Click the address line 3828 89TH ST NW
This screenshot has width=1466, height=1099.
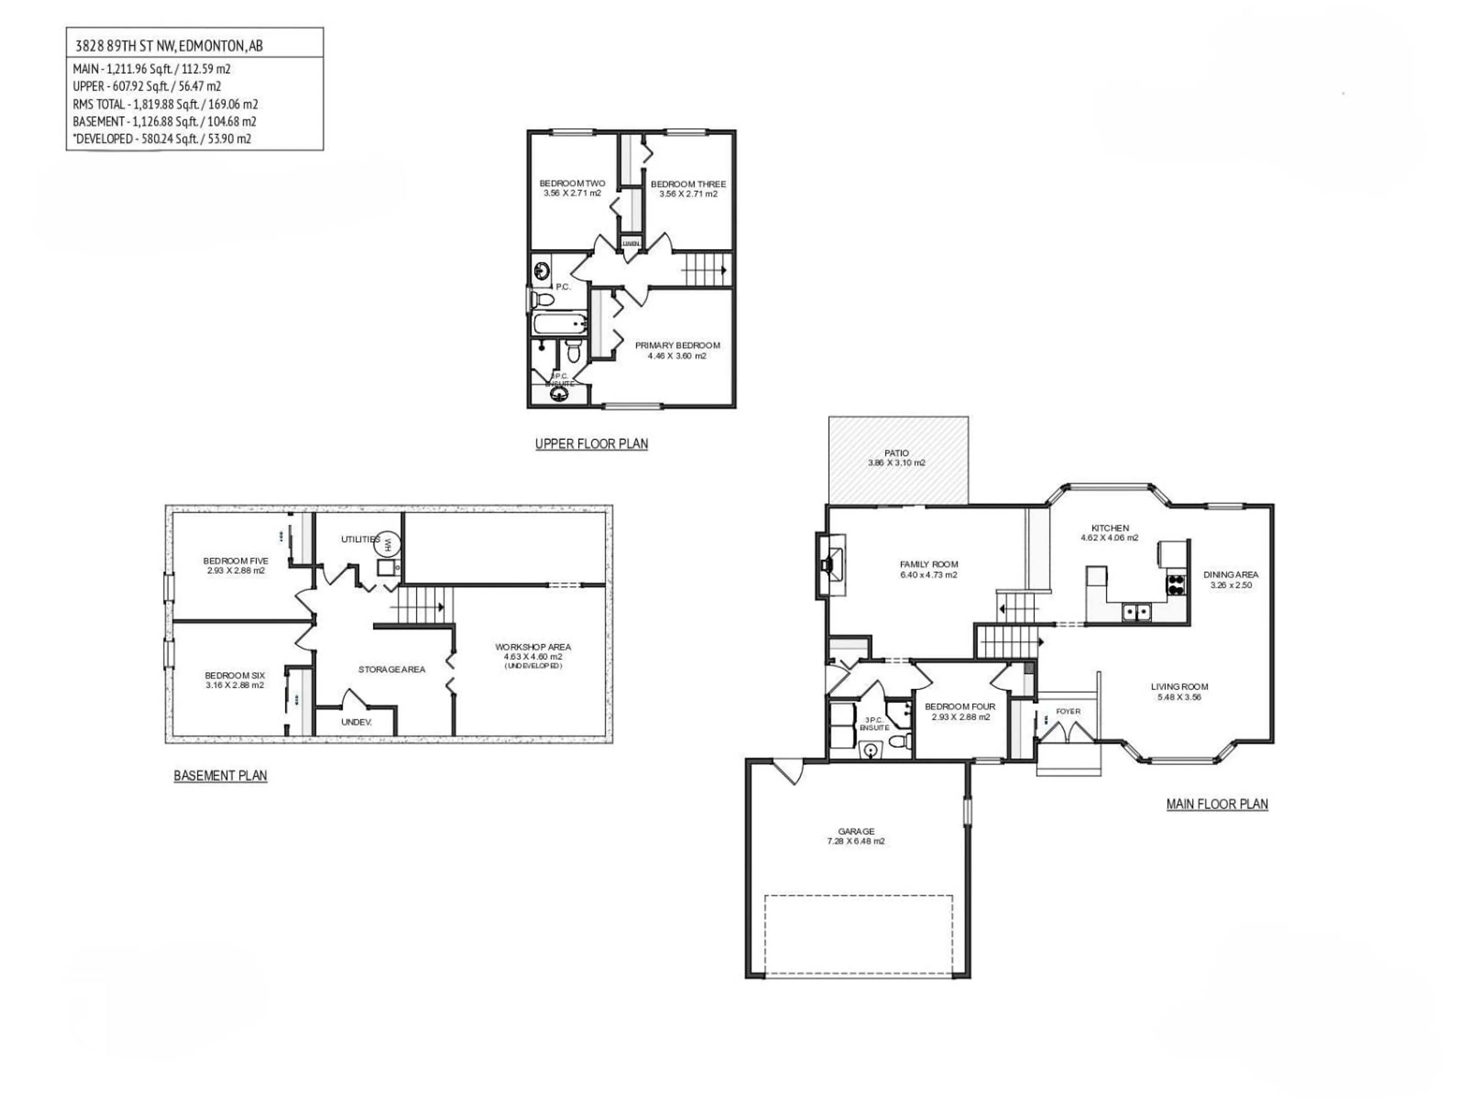pyautogui.click(x=169, y=46)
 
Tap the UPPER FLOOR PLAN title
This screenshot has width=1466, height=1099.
pyautogui.click(x=591, y=444)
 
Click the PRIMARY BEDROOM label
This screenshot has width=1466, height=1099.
pyautogui.click(x=677, y=345)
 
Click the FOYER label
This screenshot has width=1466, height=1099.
pyautogui.click(x=1068, y=711)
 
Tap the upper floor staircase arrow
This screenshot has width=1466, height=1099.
pyautogui.click(x=723, y=270)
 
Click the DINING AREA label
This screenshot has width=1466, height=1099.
pyautogui.click(x=1231, y=575)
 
